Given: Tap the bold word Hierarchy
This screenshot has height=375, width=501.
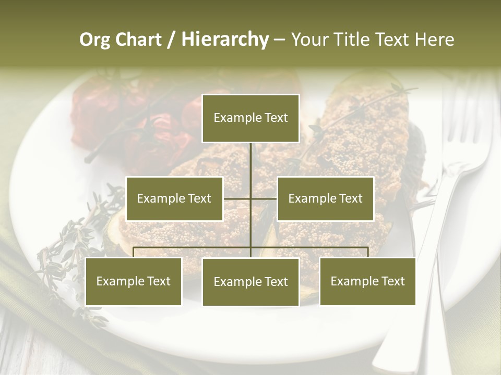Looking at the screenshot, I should (224, 40).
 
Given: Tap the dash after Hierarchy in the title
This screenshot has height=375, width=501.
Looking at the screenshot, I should (279, 40).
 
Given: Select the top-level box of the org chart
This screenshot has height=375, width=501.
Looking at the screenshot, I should (250, 118).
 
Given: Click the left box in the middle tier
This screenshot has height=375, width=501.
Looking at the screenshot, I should (174, 198).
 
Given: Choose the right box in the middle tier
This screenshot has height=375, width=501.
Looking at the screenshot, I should (325, 198).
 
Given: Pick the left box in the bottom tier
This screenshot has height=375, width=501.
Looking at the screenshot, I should (133, 281).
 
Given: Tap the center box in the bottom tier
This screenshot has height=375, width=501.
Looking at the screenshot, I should (250, 282).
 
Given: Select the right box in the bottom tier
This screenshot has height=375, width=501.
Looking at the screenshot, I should (367, 281).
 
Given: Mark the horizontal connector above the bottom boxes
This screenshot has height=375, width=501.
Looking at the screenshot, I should (193, 247).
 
